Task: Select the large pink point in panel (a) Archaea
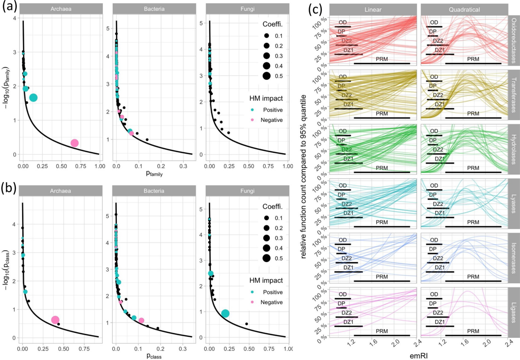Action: [74, 143]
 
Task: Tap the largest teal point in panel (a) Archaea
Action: [33, 98]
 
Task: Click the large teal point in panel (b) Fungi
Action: [225, 313]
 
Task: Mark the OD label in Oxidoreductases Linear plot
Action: [343, 23]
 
